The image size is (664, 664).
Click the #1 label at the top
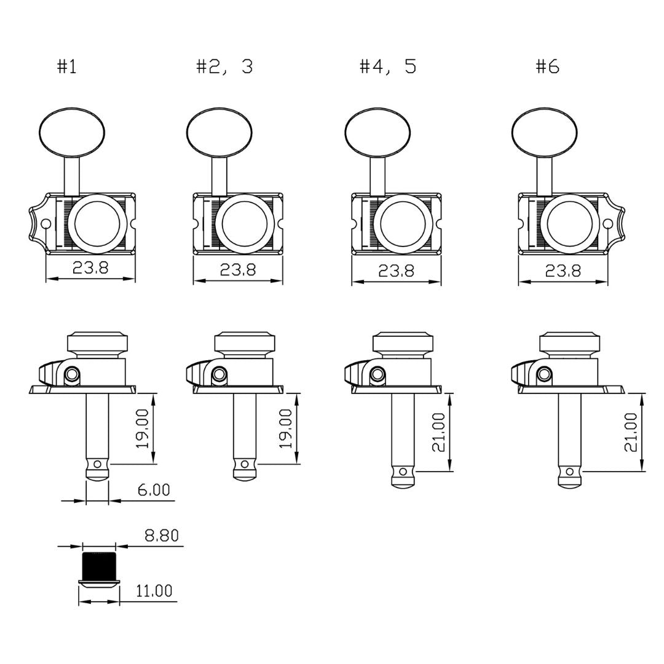click(x=67, y=66)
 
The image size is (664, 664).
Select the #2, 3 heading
click(x=224, y=66)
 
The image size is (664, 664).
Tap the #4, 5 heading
click(x=388, y=66)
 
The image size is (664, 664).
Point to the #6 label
click(x=548, y=66)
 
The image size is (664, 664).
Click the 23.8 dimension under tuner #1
click(x=90, y=267)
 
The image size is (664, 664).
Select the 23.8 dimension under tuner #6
click(x=563, y=270)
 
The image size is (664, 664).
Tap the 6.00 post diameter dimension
click(x=154, y=489)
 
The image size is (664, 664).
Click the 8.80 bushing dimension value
click(x=162, y=536)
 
